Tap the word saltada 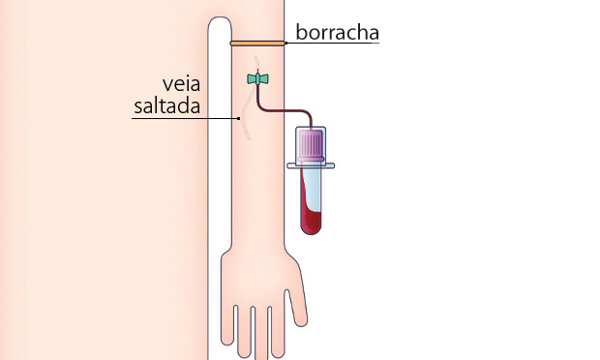[x=165, y=106]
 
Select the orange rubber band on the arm [x=257, y=43]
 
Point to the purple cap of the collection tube [x=312, y=146]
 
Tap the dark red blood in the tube [x=312, y=211]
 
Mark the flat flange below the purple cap [x=312, y=166]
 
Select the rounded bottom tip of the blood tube [x=312, y=230]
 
